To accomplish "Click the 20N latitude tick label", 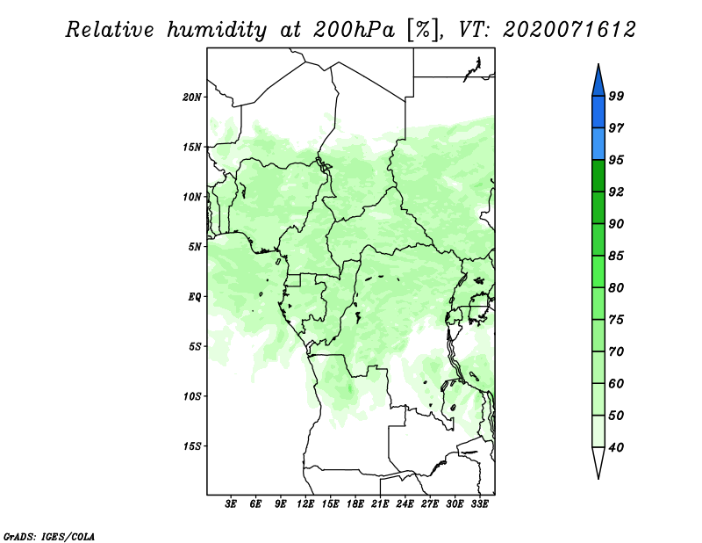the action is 192,98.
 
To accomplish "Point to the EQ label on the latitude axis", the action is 195,297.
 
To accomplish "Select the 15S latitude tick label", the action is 192,446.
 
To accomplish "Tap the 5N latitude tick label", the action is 195,247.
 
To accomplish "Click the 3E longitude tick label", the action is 231,504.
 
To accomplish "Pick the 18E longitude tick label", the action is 355,504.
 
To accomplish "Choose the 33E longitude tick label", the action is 479,504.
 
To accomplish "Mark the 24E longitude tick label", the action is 405,504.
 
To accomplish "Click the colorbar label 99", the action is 616,96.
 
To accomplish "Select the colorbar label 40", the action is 616,447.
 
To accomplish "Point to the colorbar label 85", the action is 616,256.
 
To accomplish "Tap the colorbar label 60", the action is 616,383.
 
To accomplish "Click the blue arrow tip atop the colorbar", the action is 598,64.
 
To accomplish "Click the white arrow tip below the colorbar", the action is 598,479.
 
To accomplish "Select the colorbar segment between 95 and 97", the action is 598,144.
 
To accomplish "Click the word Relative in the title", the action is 109,30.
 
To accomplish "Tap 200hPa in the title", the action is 354,30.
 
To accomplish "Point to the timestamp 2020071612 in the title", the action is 569,30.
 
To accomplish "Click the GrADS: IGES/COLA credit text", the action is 49,536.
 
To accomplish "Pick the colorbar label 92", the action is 616,192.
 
